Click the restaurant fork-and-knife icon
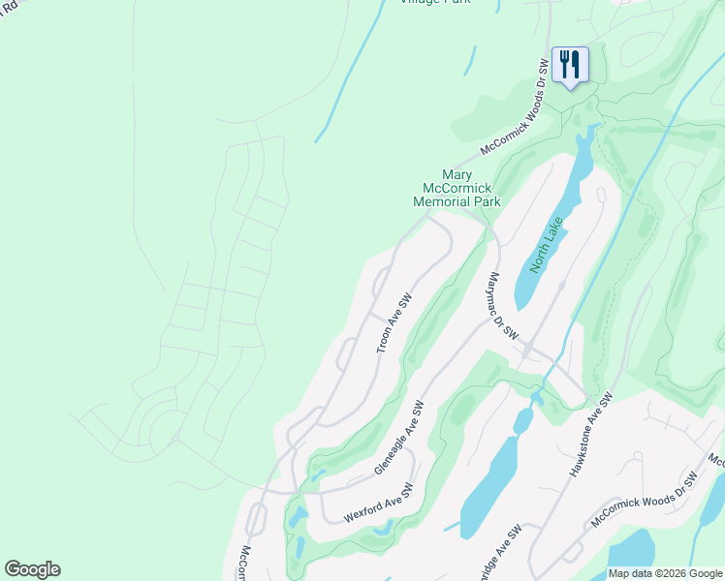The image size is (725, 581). (570, 66)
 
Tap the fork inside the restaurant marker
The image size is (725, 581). (564, 65)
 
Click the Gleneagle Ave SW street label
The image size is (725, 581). (399, 438)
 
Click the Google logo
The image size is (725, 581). (32, 569)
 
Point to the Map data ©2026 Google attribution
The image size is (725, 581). (665, 573)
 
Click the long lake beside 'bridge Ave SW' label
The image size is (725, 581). (490, 484)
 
